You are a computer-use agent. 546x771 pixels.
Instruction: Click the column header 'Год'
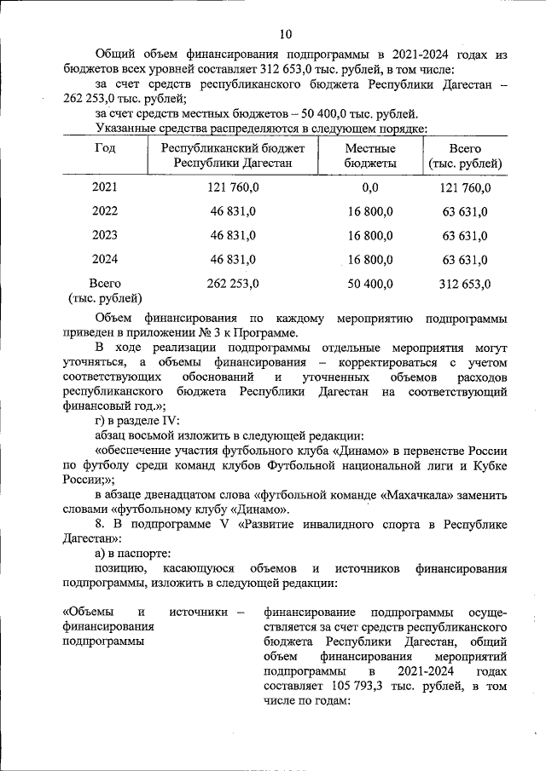pyautogui.click(x=104, y=148)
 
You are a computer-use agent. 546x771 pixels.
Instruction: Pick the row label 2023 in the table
pyautogui.click(x=104, y=235)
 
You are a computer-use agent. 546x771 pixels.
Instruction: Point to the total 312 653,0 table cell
pyautogui.click(x=466, y=283)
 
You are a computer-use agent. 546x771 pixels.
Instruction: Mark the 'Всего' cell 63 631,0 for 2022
pyautogui.click(x=466, y=211)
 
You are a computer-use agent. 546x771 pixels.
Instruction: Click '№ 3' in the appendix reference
pyautogui.click(x=204, y=333)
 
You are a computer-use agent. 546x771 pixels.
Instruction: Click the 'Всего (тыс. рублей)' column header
pyautogui.click(x=466, y=155)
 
